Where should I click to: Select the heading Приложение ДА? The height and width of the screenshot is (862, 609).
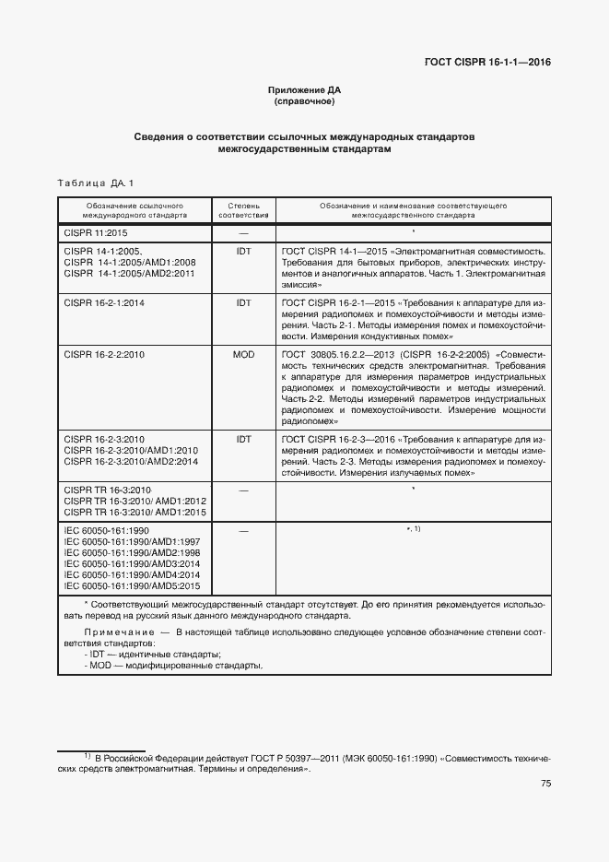pos(304,90)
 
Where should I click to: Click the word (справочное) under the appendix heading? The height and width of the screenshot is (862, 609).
pos(304,101)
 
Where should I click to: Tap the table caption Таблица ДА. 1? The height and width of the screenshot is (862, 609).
pos(96,183)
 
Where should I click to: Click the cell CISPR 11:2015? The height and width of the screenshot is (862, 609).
pos(96,233)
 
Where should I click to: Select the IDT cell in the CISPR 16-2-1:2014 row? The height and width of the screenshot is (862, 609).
pos(243,302)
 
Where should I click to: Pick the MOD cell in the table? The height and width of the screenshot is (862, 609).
pos(243,354)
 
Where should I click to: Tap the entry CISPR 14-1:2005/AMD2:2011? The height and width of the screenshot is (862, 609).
pos(130,275)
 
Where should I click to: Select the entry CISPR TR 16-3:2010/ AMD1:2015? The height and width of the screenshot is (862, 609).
pos(135,512)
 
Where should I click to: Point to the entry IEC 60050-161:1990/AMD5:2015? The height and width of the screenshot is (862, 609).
pos(132,585)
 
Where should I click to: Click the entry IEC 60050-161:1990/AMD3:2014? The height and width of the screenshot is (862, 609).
pos(132,562)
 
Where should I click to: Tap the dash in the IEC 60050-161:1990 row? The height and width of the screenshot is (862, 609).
pos(243,530)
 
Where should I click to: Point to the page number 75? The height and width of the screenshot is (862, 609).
pos(545,784)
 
